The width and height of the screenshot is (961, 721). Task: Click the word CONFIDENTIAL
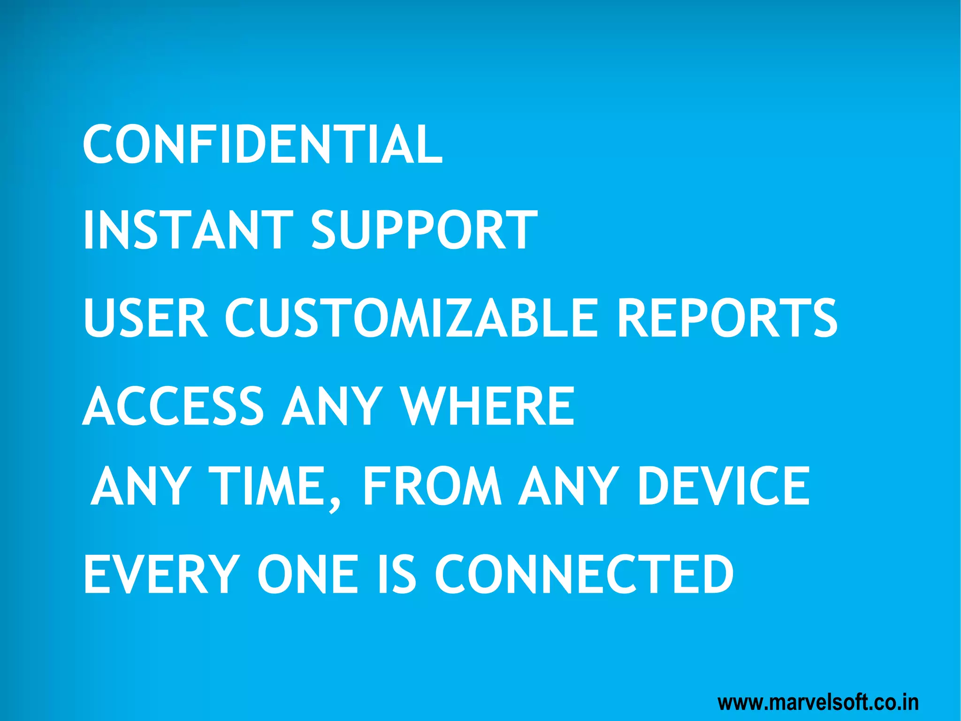(x=263, y=144)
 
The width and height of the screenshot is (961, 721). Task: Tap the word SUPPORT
(x=424, y=230)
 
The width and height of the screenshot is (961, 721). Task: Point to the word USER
(x=145, y=318)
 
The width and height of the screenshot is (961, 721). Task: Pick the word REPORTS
(x=727, y=318)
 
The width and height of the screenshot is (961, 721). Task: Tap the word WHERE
(x=488, y=406)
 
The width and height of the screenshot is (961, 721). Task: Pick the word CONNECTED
(x=584, y=574)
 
